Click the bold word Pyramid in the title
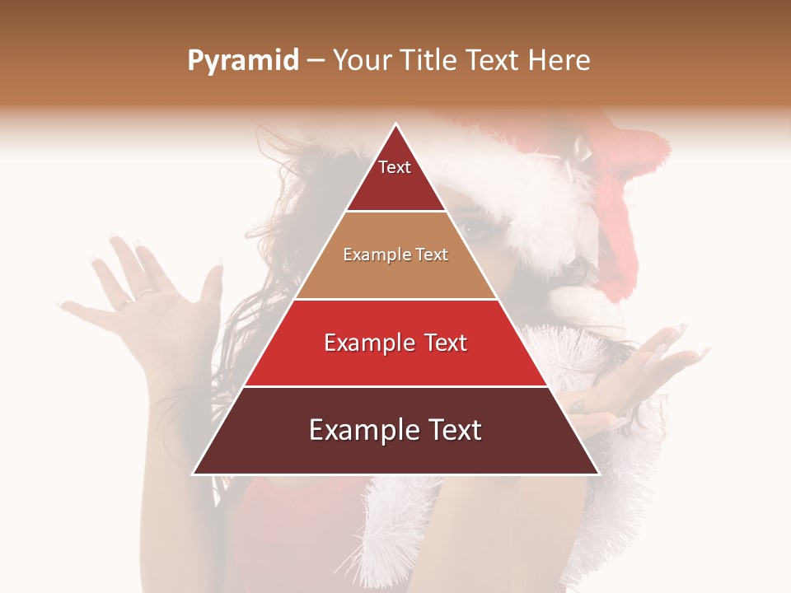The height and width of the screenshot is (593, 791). coord(242,61)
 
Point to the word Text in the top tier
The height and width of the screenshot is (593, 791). coord(395,167)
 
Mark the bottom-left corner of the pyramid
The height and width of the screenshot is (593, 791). coord(194,474)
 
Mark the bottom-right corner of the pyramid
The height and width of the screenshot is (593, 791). coord(598,474)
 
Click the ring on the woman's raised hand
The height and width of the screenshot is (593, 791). coord(143,292)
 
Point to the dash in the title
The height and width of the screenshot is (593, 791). coord(315,61)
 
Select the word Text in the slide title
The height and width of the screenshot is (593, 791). coord(491,61)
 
